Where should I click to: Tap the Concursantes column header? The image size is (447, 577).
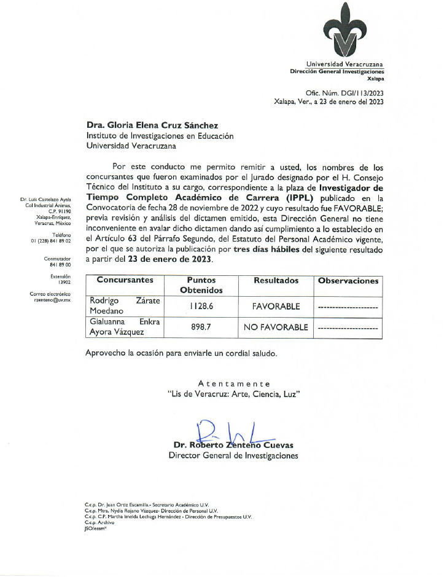tap(125, 281)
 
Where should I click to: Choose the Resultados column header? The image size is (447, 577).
tap(276, 281)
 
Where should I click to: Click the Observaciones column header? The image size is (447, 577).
tap(348, 281)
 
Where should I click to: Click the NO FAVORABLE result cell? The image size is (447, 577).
tap(276, 328)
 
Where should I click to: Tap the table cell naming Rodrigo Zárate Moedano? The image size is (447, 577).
tap(125, 305)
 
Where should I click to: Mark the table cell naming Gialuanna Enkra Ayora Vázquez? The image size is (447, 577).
tap(125, 328)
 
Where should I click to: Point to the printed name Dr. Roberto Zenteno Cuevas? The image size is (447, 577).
tap(233, 445)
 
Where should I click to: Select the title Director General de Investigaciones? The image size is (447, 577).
tap(233, 456)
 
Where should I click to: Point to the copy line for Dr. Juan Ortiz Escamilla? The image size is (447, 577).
tap(147, 504)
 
